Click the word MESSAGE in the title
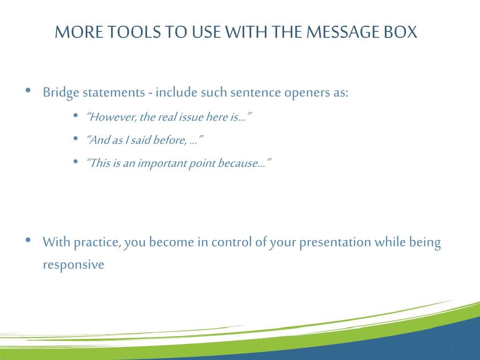tap(343, 32)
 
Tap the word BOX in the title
tap(400, 32)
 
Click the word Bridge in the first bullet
tap(61, 92)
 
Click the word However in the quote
tap(112, 117)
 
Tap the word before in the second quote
tap(170, 140)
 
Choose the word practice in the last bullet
tap(97, 242)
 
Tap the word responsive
tap(74, 264)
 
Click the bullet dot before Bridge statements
tap(29, 90)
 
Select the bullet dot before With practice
tap(29, 240)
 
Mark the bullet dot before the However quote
tap(75, 115)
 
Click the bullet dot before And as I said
tap(75, 138)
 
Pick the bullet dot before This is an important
tap(75, 161)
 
